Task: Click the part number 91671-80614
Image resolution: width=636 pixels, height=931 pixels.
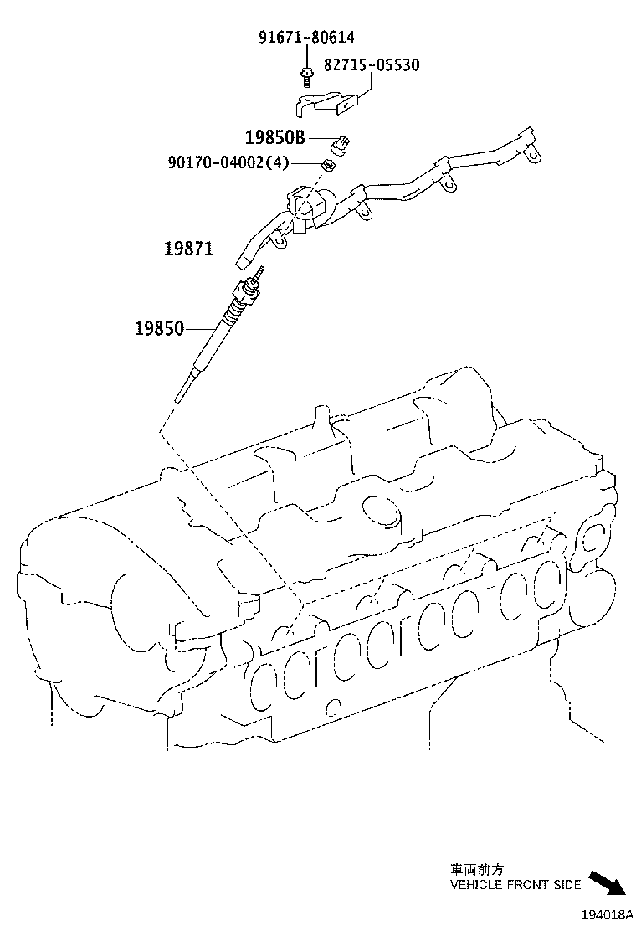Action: [307, 37]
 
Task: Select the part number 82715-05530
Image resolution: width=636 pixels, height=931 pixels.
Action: [372, 64]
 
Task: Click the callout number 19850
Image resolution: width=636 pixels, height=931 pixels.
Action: [159, 328]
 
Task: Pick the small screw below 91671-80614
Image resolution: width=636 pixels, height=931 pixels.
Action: [307, 78]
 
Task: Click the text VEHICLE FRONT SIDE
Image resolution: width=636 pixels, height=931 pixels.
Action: [515, 884]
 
